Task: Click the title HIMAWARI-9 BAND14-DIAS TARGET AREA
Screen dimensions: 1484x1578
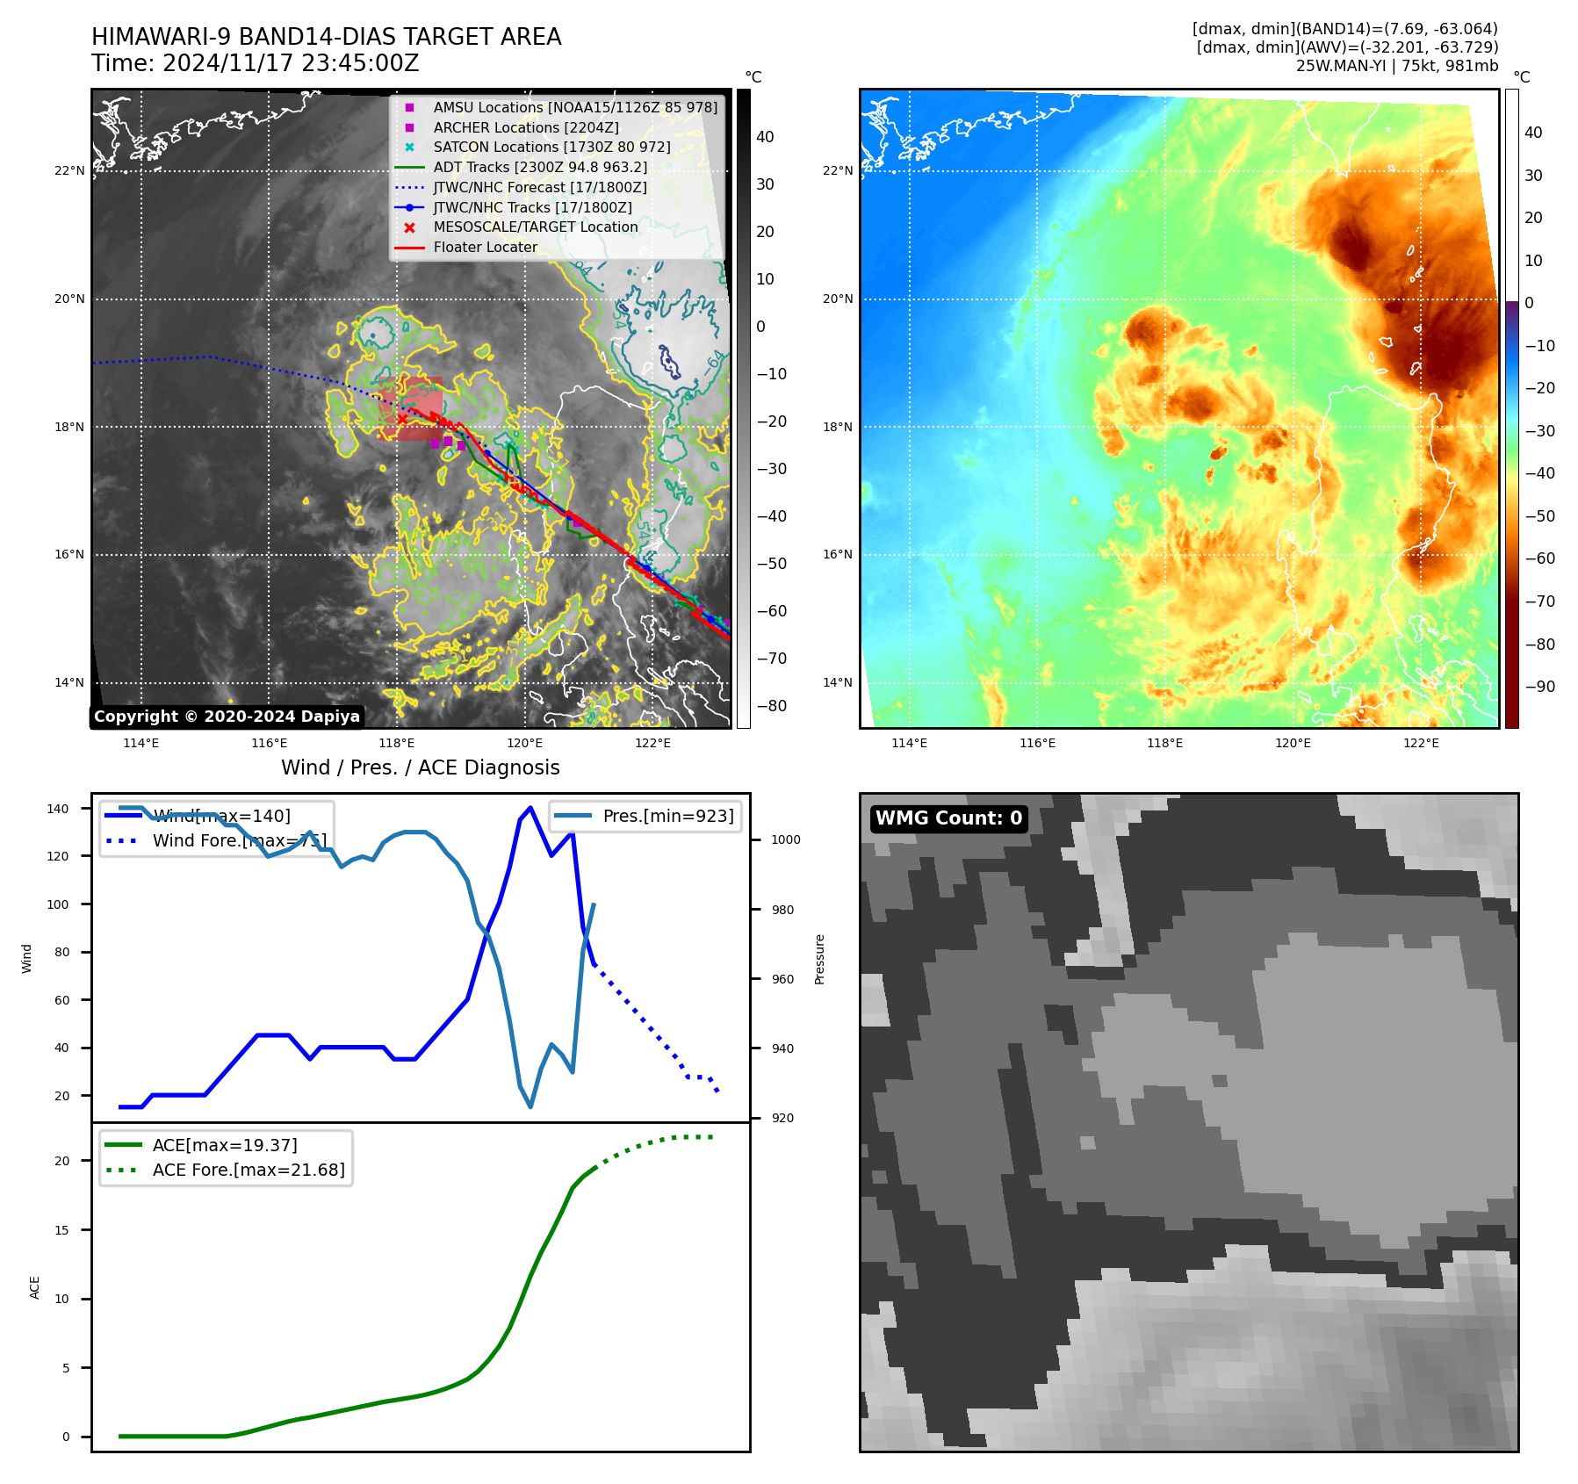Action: pos(326,37)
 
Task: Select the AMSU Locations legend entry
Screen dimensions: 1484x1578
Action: pos(574,107)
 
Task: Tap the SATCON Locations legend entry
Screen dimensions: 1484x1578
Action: pos(551,147)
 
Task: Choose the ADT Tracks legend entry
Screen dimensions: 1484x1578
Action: pos(539,167)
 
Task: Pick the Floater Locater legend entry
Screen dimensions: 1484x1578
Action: pos(485,247)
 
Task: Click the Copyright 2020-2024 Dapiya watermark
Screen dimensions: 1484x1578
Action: pos(227,717)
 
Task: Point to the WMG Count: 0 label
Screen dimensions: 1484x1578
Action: pos(948,818)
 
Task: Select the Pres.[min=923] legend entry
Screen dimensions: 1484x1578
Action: pos(667,816)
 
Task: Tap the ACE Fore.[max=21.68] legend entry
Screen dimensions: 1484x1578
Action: pos(248,1170)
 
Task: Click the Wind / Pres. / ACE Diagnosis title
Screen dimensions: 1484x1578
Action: pos(420,767)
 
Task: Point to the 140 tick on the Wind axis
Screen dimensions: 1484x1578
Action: pos(58,809)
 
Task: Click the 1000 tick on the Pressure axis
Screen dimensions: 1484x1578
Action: pos(785,839)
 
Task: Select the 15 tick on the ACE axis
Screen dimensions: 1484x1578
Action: pos(61,1230)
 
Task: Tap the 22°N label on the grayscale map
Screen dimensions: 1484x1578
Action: pos(69,170)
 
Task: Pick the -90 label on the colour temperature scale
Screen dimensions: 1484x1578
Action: pos(1539,687)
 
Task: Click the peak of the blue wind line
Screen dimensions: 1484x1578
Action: pos(530,808)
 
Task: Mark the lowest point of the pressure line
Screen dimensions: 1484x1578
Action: pos(530,1106)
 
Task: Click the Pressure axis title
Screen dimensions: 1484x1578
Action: pos(819,959)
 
